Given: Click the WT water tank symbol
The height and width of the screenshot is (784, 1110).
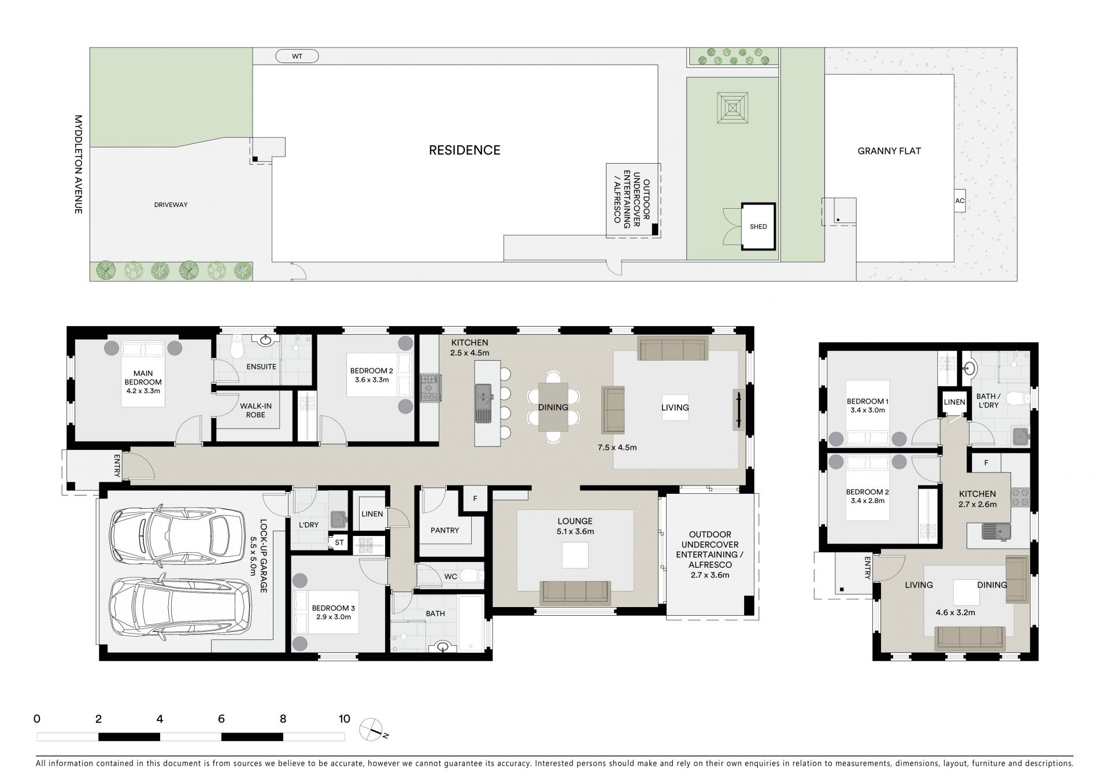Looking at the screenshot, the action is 297,56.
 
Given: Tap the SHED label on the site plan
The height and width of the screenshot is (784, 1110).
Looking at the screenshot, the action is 758,227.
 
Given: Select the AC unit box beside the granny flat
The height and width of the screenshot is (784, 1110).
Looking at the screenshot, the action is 960,201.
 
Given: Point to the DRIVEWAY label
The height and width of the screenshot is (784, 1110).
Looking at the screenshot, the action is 171,205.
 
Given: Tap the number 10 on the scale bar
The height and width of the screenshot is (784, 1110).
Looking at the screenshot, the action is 344,719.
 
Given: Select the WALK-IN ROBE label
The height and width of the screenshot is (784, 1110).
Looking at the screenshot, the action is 256,411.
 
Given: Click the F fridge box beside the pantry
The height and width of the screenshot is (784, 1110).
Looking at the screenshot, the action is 475,498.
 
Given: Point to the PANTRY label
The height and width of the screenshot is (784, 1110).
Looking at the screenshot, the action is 445,530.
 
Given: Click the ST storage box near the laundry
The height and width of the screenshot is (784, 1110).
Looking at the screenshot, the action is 339,542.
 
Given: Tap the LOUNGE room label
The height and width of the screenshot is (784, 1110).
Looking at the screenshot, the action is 575,521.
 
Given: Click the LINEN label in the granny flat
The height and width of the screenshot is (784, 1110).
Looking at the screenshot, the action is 954,402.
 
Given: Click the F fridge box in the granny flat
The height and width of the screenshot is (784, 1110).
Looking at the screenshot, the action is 986,463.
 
